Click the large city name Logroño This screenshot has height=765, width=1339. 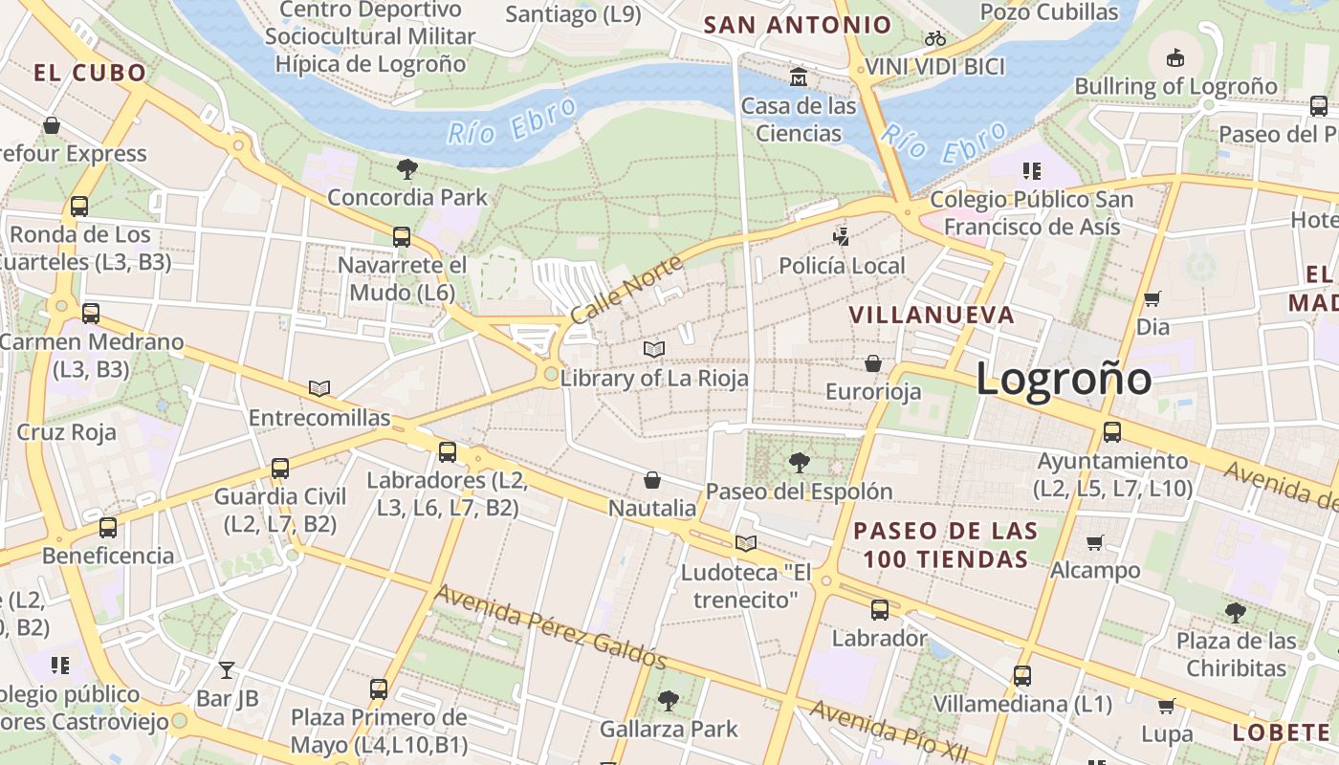click(x=1064, y=379)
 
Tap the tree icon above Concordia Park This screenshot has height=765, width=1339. click(x=406, y=169)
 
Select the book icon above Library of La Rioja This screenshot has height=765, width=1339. click(x=654, y=350)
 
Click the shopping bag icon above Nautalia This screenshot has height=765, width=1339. click(x=652, y=479)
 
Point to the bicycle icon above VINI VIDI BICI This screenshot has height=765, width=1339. click(x=935, y=39)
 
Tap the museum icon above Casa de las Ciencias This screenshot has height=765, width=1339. click(x=799, y=76)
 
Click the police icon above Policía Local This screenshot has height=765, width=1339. click(x=842, y=236)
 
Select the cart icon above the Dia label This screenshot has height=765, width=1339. click(x=1152, y=298)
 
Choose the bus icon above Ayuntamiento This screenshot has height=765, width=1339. click(x=1112, y=431)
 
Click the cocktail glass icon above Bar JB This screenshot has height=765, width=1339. click(x=227, y=669)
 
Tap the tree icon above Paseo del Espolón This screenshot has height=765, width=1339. click(x=799, y=463)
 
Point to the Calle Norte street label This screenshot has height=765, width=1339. click(x=626, y=288)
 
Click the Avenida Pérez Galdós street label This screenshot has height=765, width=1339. click(x=550, y=626)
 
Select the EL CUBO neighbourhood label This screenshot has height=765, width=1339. click(x=90, y=73)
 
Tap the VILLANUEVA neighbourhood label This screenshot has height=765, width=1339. click(x=932, y=315)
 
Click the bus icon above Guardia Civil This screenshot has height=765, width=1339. click(x=279, y=468)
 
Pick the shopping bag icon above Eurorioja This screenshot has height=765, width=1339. click(x=873, y=363)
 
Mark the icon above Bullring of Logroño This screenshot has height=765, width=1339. click(x=1175, y=57)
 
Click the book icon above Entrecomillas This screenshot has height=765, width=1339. click(x=319, y=388)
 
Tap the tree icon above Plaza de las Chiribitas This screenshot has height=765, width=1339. click(x=1236, y=612)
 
